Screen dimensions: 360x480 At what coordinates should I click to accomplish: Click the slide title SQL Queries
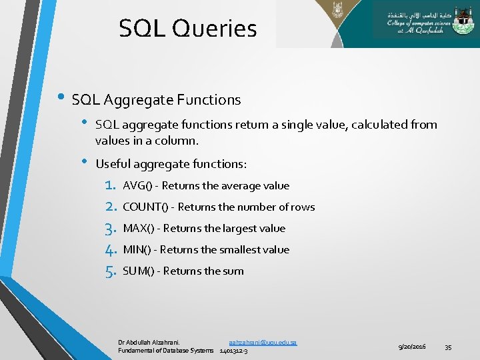(x=187, y=29)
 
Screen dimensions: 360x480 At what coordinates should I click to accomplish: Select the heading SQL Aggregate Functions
(x=156, y=100)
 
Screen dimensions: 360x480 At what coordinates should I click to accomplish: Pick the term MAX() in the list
(x=139, y=229)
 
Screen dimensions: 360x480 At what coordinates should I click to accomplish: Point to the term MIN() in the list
(x=137, y=250)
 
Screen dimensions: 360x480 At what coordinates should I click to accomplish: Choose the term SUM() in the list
(x=139, y=271)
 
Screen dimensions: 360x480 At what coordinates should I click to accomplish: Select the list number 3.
(x=111, y=229)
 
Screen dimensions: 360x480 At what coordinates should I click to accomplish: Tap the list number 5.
(x=111, y=271)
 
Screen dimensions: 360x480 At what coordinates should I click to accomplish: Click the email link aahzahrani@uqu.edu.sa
(x=263, y=342)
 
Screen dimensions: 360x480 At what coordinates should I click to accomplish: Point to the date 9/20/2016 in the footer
(x=412, y=347)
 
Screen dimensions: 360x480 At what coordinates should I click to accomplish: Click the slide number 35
(x=448, y=347)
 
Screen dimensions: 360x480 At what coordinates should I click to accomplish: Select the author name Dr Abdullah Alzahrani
(x=149, y=342)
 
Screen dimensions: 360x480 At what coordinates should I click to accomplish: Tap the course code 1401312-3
(x=233, y=351)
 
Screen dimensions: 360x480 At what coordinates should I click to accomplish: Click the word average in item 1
(x=244, y=186)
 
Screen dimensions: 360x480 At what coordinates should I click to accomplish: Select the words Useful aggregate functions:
(x=171, y=164)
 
